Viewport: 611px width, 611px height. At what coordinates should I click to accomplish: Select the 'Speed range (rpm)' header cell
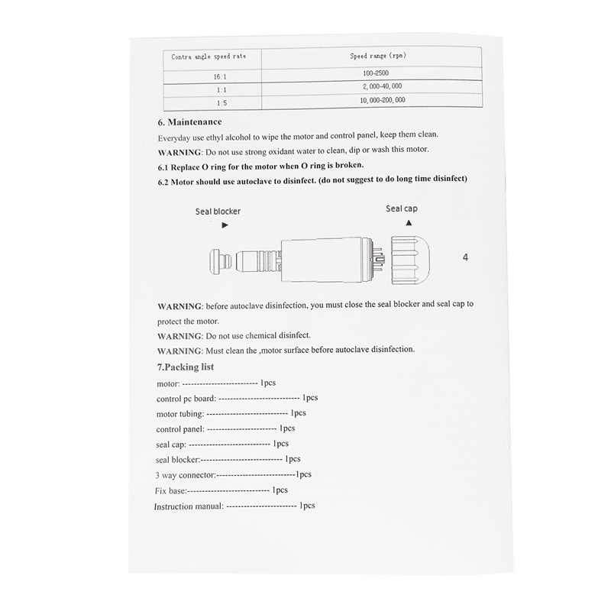point(377,57)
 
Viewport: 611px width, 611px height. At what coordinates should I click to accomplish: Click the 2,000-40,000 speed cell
point(378,86)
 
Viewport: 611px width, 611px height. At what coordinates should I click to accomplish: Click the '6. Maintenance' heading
point(189,122)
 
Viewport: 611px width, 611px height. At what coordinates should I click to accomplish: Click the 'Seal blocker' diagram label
point(218,212)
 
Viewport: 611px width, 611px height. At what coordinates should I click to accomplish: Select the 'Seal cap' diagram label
point(402,208)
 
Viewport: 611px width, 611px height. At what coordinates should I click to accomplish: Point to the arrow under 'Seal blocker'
point(225,226)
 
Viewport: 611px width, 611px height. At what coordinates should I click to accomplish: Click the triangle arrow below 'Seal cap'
point(409,222)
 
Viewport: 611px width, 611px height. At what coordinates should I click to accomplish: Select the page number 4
point(465,257)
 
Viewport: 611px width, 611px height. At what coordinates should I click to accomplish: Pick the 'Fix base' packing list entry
point(170,490)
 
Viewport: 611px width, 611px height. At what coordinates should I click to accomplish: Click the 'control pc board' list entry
point(186,398)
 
